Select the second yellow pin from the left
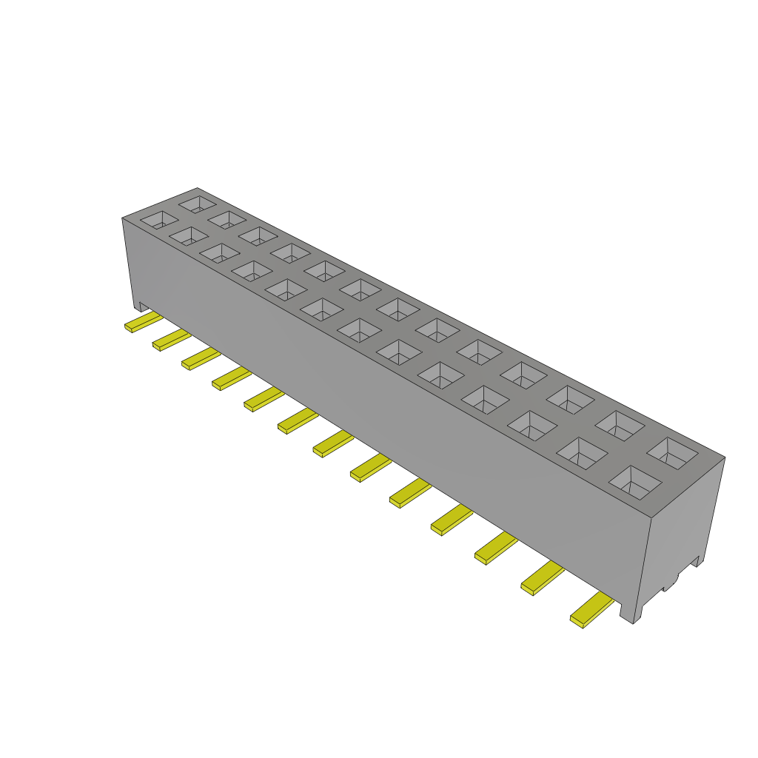click(x=172, y=340)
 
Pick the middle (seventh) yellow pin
click(x=333, y=444)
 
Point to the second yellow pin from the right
click(x=542, y=578)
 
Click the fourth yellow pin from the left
click(x=232, y=378)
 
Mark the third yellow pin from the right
click(x=496, y=548)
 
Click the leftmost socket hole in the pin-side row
click(x=160, y=219)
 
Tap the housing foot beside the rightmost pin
click(x=630, y=611)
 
